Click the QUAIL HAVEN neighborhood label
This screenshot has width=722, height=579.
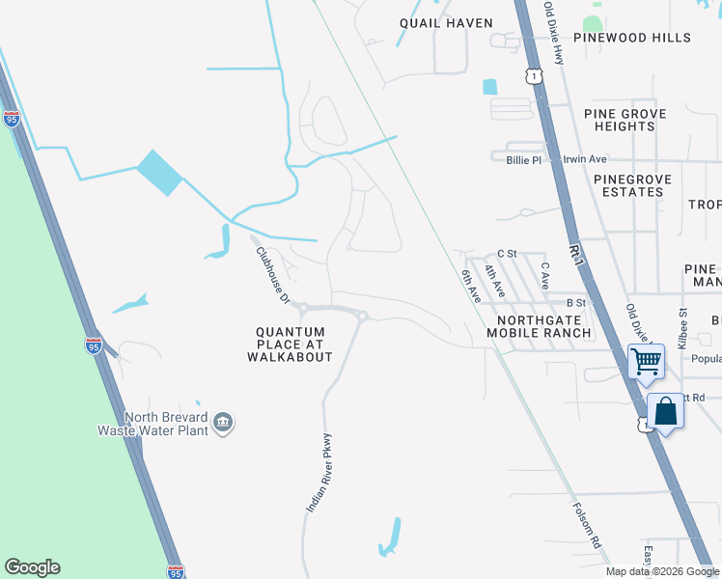[446, 23]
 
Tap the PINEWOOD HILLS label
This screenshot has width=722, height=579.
[632, 38]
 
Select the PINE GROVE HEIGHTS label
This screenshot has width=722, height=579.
[625, 120]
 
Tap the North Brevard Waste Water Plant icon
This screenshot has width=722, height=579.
[223, 423]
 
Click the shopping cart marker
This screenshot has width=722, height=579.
[646, 363]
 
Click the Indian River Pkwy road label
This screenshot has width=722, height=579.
[319, 472]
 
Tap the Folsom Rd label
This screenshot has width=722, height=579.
[587, 526]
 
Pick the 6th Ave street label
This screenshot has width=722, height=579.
[470, 286]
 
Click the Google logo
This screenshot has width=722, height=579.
[32, 567]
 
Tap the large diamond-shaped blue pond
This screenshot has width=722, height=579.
[159, 173]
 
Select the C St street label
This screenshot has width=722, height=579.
[507, 254]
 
